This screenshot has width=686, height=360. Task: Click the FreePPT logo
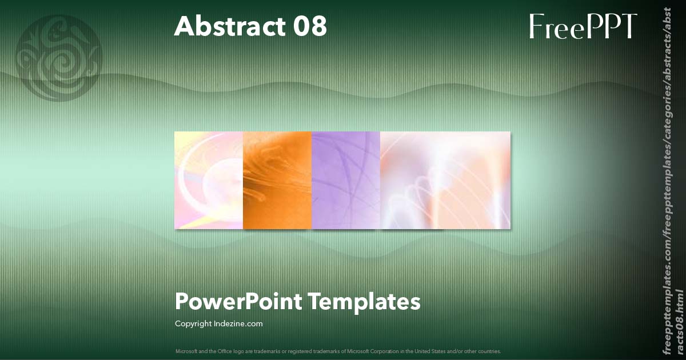(583, 26)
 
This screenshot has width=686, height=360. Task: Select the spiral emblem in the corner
(59, 58)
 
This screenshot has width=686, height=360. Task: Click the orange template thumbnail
(277, 181)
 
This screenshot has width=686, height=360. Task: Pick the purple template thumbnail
(346, 181)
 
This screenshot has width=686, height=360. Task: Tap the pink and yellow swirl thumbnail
(209, 181)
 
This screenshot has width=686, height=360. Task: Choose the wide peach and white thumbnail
(445, 181)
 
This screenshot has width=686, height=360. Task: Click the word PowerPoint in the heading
(238, 301)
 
